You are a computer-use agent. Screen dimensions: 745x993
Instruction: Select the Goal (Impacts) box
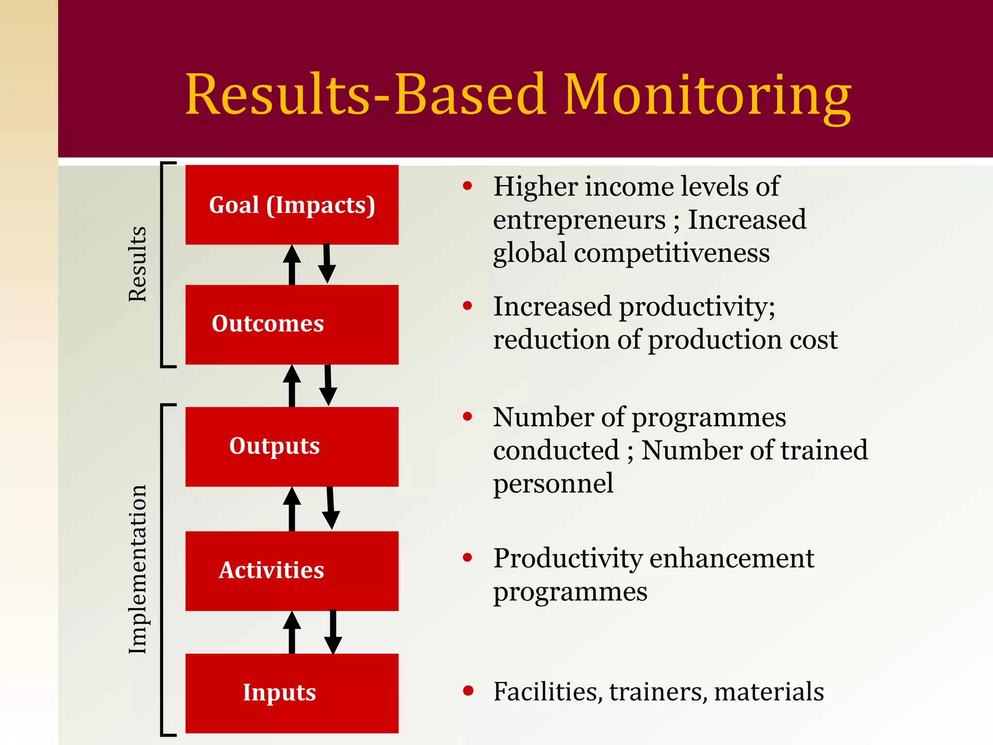click(x=292, y=205)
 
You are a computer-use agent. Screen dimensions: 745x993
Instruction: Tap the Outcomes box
click(x=292, y=324)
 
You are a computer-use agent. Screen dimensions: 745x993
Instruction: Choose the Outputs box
click(x=292, y=446)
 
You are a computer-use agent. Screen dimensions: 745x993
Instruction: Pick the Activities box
click(x=292, y=570)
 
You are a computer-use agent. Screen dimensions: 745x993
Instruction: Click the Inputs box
click(x=292, y=693)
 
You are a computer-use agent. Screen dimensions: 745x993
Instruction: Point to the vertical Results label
click(x=138, y=264)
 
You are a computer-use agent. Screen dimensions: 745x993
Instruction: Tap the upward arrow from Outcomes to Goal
click(x=292, y=264)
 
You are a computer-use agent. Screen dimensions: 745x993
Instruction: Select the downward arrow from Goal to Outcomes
click(x=327, y=264)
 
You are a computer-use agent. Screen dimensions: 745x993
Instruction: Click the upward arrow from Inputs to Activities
click(x=292, y=632)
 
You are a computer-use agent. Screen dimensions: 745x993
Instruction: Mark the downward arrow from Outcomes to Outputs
click(x=328, y=386)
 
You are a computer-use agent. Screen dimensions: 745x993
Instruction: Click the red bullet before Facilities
click(x=468, y=691)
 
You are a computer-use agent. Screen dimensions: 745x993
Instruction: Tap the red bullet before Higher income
click(x=467, y=186)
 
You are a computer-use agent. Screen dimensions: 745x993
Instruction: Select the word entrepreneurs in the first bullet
click(x=579, y=220)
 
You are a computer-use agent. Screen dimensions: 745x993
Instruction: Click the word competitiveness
click(x=672, y=253)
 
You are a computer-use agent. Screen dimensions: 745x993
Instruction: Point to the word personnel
click(x=553, y=484)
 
